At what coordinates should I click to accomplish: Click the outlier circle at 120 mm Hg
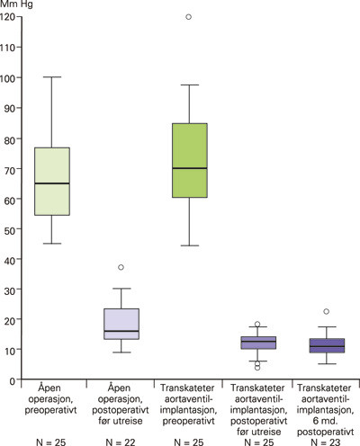tap(189, 17)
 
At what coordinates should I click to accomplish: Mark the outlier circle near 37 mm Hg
tap(121, 267)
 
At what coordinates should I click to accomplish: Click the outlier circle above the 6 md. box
tap(327, 312)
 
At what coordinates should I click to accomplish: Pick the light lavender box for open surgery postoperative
tap(121, 324)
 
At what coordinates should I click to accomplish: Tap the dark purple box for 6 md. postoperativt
tap(327, 346)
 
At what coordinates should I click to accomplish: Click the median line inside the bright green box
tap(189, 168)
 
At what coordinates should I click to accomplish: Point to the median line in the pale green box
tap(51, 183)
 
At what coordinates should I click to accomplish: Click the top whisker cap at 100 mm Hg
tap(51, 77)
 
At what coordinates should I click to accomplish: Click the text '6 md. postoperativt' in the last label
tap(327, 413)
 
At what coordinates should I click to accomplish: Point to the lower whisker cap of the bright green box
tap(189, 245)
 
